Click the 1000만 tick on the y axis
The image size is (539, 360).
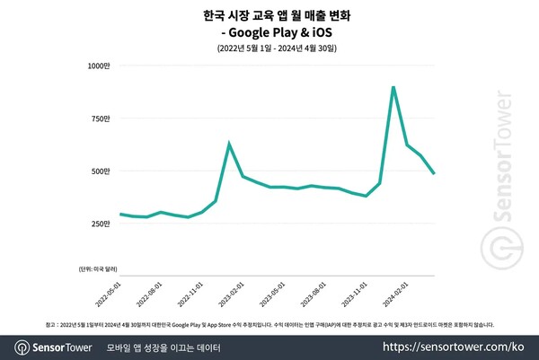pos(96,65)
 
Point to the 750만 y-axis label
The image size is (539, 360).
pos(98,118)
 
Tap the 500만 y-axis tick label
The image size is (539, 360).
pos(98,171)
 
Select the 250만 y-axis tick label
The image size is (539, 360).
pos(98,223)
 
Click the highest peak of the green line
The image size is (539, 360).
pos(393,87)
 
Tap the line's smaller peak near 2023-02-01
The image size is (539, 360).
pos(229,144)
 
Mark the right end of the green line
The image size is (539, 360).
pos(435,173)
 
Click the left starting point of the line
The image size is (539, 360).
pos(120,214)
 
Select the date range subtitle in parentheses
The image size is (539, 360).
pos(270,48)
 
